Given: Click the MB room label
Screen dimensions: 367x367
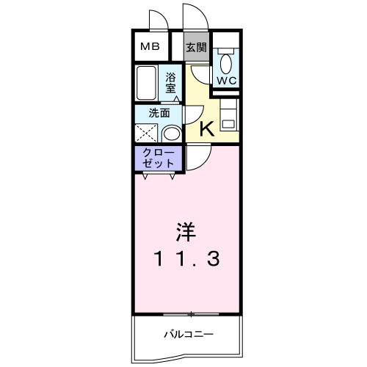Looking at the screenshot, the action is point(150,46).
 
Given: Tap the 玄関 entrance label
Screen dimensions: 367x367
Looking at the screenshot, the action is point(196,47).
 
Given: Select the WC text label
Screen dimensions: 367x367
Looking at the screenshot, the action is point(227,80).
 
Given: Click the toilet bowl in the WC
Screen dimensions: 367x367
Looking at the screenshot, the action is point(226,62).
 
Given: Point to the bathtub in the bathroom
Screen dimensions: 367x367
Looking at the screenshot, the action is point(146,83).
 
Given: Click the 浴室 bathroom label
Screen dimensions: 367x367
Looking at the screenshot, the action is point(170,83).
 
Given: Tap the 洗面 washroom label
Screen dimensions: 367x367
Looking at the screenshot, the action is point(159,113).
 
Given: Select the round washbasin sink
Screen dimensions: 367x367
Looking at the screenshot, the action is point(172,134).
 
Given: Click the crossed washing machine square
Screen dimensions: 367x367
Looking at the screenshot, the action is point(146,133).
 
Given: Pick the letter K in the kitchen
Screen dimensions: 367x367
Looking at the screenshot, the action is point(207,129).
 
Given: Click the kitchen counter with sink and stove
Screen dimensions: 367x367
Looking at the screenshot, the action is point(229,115).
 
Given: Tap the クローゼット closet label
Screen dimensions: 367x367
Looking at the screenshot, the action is point(159,158).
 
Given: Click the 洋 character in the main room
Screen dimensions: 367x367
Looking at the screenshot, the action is point(186,231).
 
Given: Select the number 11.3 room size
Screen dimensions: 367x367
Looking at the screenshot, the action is point(186,259).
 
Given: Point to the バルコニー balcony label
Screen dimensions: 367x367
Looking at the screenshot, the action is point(189,334).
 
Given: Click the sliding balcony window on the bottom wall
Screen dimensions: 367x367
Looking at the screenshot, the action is point(191,314).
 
